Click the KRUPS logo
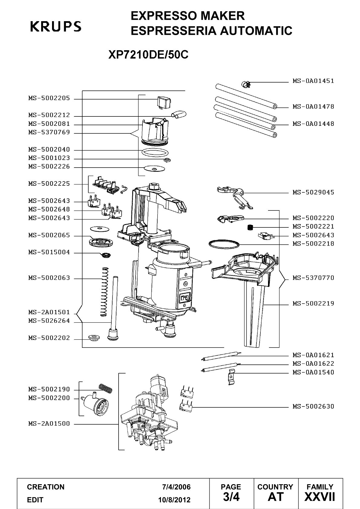[x=56, y=26]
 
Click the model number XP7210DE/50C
[x=149, y=54]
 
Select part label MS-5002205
[x=49, y=98]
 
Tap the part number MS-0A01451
[x=313, y=81]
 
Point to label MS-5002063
[x=49, y=278]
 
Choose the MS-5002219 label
[x=313, y=303]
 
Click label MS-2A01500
[x=49, y=423]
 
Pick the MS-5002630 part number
[x=313, y=406]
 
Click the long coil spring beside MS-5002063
[x=104, y=292]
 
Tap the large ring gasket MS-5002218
[x=224, y=244]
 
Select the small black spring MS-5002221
[x=250, y=227]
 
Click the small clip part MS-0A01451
[x=246, y=85]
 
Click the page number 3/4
[x=231, y=497]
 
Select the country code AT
[x=276, y=497]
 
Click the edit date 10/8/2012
[x=175, y=500]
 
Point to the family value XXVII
[x=320, y=497]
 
